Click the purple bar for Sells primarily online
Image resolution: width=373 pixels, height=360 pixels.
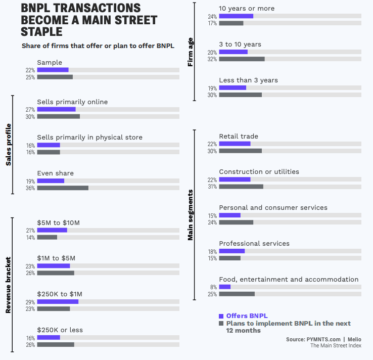tap(56, 109)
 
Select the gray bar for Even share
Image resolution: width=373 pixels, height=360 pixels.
tap(63, 188)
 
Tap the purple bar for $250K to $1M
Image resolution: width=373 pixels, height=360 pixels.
tap(58, 301)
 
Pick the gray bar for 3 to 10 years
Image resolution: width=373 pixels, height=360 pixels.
tap(242, 59)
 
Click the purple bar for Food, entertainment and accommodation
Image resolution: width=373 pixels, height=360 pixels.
tap(225, 287)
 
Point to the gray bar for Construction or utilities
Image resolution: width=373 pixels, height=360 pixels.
tap(241, 187)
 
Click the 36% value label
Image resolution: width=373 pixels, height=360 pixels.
tap(30, 188)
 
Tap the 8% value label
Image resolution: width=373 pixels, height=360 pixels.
tap(214, 287)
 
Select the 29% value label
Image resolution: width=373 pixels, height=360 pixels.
tap(30, 301)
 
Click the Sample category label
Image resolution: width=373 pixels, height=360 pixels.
tap(50, 63)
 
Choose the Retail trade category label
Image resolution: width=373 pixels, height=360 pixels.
tap(239, 136)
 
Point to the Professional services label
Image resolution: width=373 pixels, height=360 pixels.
tap(254, 243)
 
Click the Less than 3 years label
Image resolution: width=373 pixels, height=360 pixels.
tap(248, 80)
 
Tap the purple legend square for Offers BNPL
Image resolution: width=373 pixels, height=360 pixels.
tap(221, 316)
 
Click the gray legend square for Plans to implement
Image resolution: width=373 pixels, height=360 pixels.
tap(221, 323)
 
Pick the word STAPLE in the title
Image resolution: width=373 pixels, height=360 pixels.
tap(42, 31)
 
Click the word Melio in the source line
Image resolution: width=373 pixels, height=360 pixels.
tap(354, 339)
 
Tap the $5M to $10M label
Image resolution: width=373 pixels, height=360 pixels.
tap(59, 222)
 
